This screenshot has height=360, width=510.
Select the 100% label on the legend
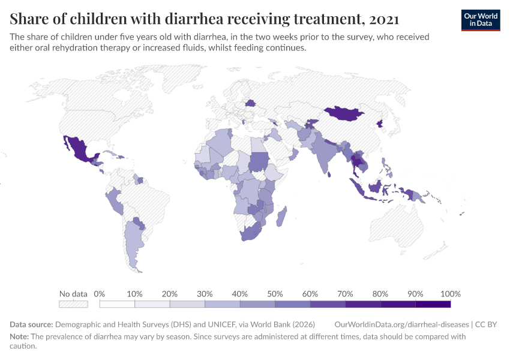click(450, 294)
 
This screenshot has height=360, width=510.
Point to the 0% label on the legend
click(100, 294)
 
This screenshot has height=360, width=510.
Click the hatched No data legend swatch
click(73, 304)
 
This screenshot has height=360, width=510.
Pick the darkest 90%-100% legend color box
click(433, 304)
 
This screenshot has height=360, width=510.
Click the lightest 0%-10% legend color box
click(117, 304)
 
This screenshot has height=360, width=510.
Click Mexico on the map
click(78, 150)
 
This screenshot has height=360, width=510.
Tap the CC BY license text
click(487, 324)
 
